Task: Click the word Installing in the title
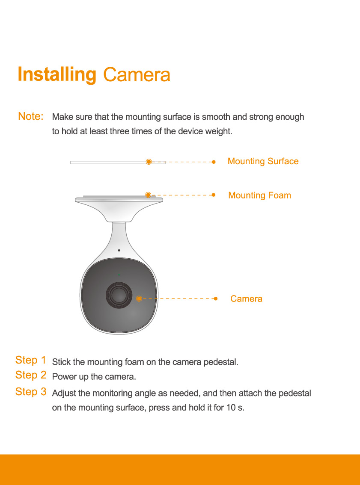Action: pyautogui.click(x=57, y=74)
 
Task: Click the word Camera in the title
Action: pyautogui.click(x=137, y=74)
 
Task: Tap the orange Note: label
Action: pyautogui.click(x=31, y=116)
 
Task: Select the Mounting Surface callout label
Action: pyautogui.click(x=263, y=161)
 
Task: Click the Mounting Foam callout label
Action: pyautogui.click(x=260, y=195)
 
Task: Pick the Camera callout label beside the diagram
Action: pyautogui.click(x=247, y=299)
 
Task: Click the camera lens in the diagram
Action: pyautogui.click(x=119, y=295)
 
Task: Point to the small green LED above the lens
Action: pyautogui.click(x=119, y=274)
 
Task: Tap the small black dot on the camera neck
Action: pyautogui.click(x=119, y=250)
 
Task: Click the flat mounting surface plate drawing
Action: pyautogui.click(x=118, y=163)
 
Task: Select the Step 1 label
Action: pyautogui.click(x=31, y=360)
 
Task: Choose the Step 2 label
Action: pyautogui.click(x=31, y=375)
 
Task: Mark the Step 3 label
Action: pyautogui.click(x=31, y=392)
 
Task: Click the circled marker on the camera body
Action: pyautogui.click(x=139, y=299)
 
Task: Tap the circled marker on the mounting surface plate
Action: pyautogui.click(x=149, y=162)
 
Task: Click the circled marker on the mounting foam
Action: pyautogui.click(x=148, y=195)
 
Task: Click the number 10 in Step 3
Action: pyautogui.click(x=231, y=407)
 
